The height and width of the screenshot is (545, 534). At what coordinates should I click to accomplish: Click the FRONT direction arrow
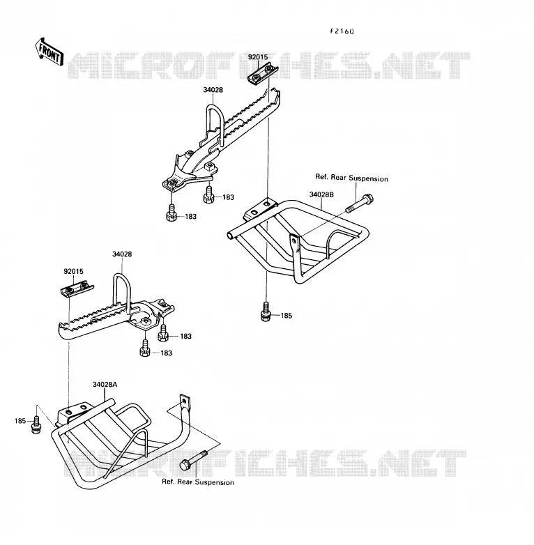pyautogui.click(x=49, y=52)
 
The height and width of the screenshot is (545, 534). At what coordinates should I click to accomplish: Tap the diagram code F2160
pyautogui.click(x=342, y=31)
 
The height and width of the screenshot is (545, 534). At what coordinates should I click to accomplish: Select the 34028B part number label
pyautogui.click(x=321, y=194)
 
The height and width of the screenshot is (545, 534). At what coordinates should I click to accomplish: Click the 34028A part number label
pyautogui.click(x=105, y=385)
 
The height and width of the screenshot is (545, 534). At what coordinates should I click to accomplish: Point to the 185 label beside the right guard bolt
pyautogui.click(x=286, y=316)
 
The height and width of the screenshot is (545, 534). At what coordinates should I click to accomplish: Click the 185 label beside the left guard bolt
pyautogui.click(x=20, y=421)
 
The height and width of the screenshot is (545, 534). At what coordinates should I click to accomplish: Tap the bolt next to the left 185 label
pyautogui.click(x=36, y=424)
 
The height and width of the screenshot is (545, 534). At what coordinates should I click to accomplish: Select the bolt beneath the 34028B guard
pyautogui.click(x=266, y=312)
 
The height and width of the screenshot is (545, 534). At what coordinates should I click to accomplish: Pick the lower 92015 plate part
pyautogui.click(x=77, y=289)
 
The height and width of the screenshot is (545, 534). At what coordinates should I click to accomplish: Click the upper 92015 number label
pyautogui.click(x=258, y=56)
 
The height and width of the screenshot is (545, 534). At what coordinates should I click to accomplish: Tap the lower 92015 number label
pyautogui.click(x=73, y=271)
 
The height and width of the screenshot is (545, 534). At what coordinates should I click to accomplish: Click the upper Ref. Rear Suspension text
pyautogui.click(x=351, y=178)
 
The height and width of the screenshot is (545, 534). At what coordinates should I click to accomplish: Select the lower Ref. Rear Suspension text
pyautogui.click(x=198, y=482)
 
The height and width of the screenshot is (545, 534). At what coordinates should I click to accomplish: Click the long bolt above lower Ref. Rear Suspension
pyautogui.click(x=193, y=461)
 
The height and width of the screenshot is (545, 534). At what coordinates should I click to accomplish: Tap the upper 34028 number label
pyautogui.click(x=213, y=90)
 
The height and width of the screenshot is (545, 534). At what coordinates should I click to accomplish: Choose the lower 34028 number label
pyautogui.click(x=122, y=254)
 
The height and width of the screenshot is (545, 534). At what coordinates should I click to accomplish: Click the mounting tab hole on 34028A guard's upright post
pyautogui.click(x=183, y=402)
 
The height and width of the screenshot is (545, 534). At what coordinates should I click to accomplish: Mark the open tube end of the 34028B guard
pyautogui.click(x=230, y=236)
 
